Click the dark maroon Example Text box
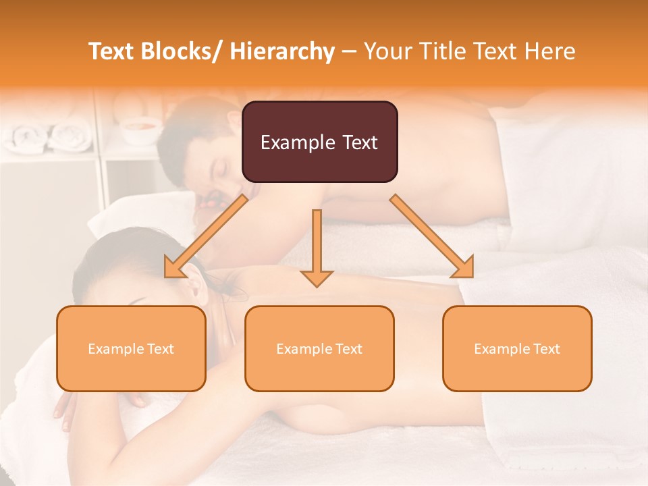tap(319, 142)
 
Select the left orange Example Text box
tap(131, 348)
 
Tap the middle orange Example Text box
tap(319, 348)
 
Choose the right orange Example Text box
tap(517, 348)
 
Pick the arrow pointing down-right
tap(432, 237)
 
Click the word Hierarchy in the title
tap(282, 51)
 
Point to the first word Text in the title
tap(112, 51)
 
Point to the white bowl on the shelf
tap(142, 128)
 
